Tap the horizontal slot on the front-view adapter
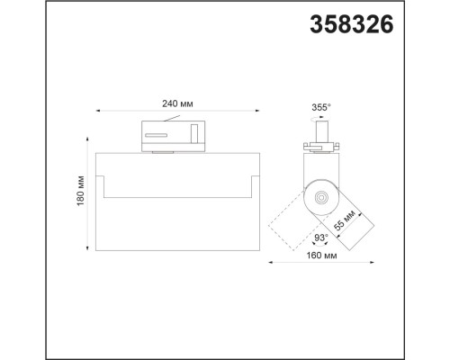tap(157, 134)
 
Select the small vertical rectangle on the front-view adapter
tap(194, 134)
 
